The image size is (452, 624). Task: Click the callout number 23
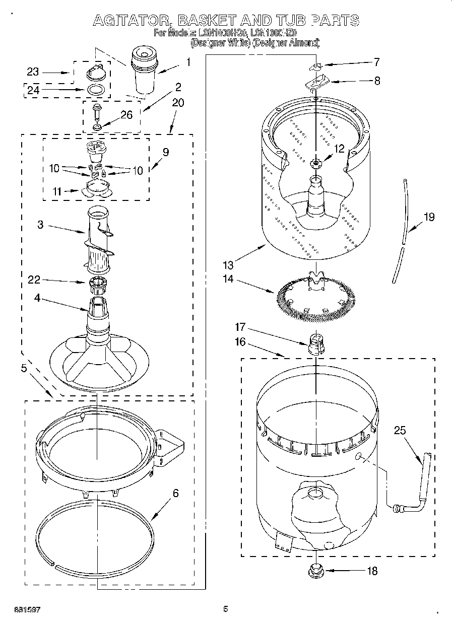click(33, 72)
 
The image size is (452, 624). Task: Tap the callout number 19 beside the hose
click(428, 218)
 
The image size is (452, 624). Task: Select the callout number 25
click(400, 431)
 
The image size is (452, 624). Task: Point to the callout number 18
click(372, 571)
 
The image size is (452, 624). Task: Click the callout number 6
click(175, 493)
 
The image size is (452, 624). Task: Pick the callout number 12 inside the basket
click(339, 149)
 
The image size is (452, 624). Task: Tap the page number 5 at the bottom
click(226, 609)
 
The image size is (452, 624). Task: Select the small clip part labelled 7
click(315, 66)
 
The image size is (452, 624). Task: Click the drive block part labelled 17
click(314, 345)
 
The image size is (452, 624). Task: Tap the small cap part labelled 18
click(316, 571)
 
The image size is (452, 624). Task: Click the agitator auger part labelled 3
click(99, 237)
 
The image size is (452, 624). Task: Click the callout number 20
click(178, 103)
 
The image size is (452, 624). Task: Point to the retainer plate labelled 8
click(316, 81)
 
